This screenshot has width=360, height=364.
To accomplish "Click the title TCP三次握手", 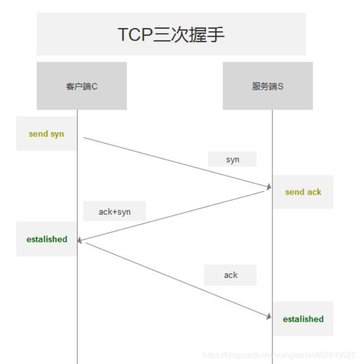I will click(171, 34).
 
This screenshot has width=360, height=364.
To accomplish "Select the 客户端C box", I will click(82, 86).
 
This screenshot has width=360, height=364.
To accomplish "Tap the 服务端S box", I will click(268, 86).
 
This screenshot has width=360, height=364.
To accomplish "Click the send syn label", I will click(46, 134).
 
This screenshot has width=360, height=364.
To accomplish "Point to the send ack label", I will click(303, 192).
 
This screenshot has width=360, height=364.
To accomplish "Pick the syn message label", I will click(232, 160).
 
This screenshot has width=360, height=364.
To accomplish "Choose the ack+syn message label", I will click(115, 211).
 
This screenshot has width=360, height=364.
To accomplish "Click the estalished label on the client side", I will click(47, 239).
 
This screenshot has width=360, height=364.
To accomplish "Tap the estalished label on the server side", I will click(303, 319).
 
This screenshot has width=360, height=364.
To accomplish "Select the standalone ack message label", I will click(231, 275).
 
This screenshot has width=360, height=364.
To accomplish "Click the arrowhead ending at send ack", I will click(269, 187).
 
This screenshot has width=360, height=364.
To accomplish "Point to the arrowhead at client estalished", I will click(81, 241).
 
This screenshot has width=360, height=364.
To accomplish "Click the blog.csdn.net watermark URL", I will click(279, 355).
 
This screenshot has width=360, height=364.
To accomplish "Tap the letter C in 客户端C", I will click(94, 86).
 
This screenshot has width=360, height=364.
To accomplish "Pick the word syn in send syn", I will click(57, 134).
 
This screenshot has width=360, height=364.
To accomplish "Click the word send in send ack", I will click(295, 192).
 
